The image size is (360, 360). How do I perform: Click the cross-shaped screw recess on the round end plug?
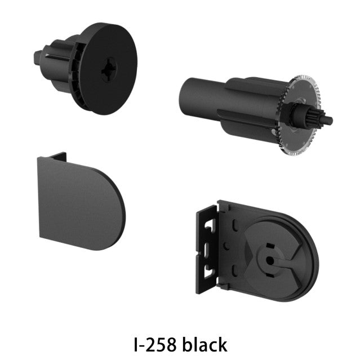(109, 69)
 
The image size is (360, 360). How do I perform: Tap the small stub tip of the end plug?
(38, 57)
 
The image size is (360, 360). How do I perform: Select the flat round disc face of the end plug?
(109, 68)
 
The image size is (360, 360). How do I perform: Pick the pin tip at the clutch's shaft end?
(329, 119)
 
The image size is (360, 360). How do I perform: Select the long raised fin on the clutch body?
(246, 119)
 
